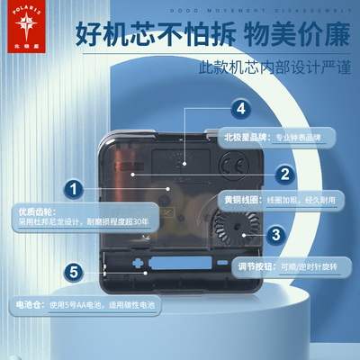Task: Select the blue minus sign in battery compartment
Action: [x=222, y=262]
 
